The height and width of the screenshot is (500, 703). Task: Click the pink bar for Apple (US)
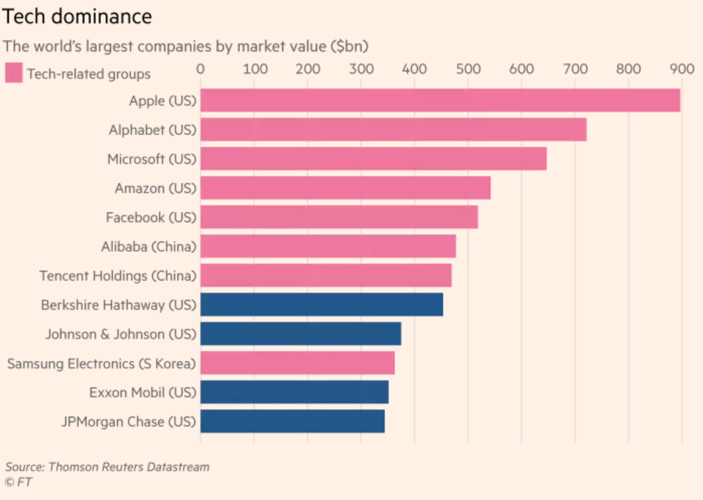coord(440,100)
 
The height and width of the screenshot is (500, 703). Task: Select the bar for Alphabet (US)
coord(393,129)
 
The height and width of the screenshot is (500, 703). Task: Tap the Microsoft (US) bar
coord(373,158)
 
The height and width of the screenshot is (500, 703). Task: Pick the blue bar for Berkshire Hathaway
coord(321,304)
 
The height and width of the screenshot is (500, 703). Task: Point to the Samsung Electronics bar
coord(297,363)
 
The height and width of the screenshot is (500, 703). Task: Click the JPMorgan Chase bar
coord(292,422)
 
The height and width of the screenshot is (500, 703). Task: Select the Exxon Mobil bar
coord(294,392)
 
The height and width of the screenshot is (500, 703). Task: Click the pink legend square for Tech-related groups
coord(14,72)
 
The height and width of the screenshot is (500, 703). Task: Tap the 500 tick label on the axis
coord(468,69)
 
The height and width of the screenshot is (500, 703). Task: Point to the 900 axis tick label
coord(681,69)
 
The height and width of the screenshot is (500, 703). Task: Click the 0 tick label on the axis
coord(200,69)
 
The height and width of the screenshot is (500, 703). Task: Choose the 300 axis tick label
coord(361,69)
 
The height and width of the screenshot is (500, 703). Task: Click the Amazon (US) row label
coord(155,188)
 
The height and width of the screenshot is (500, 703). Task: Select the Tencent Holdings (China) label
coord(118,276)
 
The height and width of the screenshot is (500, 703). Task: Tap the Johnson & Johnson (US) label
coord(121,334)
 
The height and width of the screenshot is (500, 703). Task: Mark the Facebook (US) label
coord(151,217)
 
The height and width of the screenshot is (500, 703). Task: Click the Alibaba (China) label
coord(149,246)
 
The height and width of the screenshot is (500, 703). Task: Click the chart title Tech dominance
coord(77,17)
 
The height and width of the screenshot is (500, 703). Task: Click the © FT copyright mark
coord(18,482)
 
